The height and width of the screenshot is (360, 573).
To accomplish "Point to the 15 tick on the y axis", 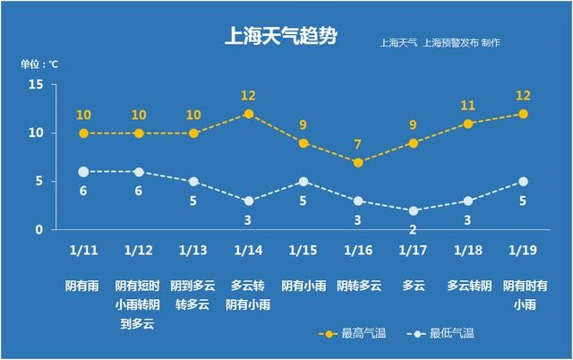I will point(36,84).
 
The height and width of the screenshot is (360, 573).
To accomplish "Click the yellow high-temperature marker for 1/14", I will point(249,114).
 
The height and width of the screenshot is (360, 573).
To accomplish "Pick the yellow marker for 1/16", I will point(358,162).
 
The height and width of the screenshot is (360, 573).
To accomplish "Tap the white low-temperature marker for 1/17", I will point(413,210).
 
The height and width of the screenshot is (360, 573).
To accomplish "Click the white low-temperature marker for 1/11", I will point(83,171).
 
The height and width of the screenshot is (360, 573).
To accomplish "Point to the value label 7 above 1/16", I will point(358,144).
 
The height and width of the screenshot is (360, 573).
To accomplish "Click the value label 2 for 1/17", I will point(413,229).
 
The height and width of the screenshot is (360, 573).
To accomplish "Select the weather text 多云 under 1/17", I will point(413,286).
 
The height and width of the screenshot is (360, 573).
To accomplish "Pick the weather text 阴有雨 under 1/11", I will point(83,286).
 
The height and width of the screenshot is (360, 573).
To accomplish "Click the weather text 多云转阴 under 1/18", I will point(468,286).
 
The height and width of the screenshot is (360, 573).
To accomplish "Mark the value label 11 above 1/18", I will point(468,106).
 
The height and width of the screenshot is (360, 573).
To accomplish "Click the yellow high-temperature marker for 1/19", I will point(523,114).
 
